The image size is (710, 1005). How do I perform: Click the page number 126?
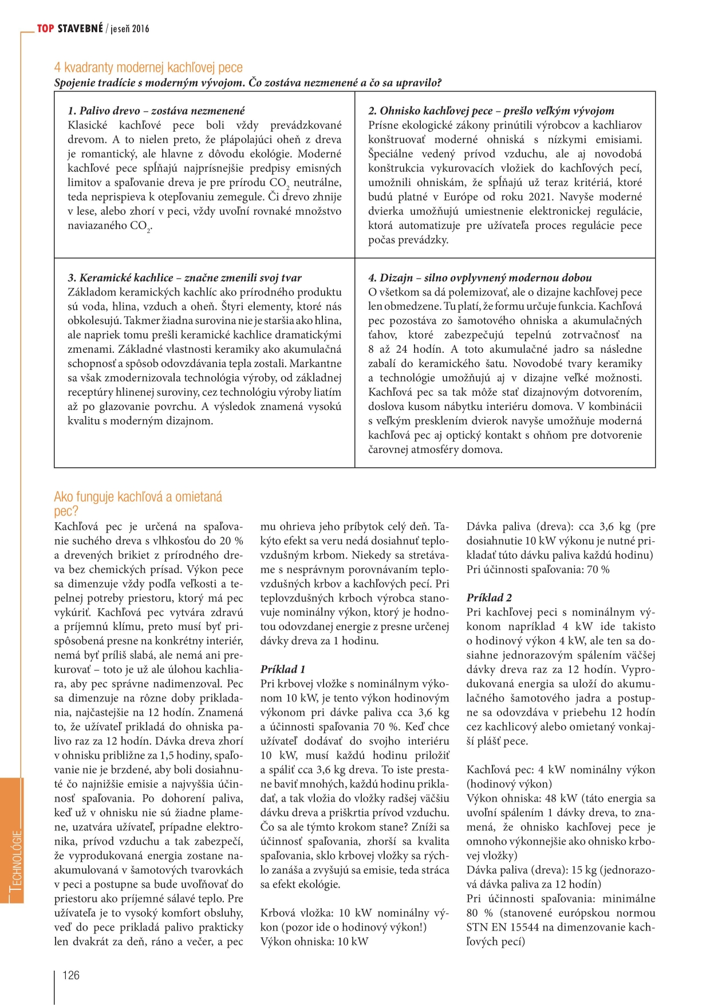(x=71, y=975)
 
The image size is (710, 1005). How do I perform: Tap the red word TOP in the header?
(x=46, y=29)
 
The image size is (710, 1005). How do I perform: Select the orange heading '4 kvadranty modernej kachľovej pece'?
(x=148, y=68)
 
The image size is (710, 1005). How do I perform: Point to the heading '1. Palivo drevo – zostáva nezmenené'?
(x=156, y=111)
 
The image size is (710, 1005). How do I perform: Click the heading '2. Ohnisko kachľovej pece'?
(x=491, y=111)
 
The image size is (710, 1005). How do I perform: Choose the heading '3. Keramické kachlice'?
(x=184, y=278)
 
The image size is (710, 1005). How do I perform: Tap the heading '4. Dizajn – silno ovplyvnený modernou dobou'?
(x=480, y=278)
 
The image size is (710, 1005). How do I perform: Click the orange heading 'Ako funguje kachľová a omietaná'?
(x=138, y=496)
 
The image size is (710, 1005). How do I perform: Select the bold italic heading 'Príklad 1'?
(x=283, y=669)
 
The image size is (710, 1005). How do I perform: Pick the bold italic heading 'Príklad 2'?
(x=489, y=597)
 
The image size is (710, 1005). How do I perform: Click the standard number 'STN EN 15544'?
(x=503, y=927)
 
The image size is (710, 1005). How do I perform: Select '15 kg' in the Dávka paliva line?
(x=583, y=870)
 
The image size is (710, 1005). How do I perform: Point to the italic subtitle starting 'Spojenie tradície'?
(x=248, y=82)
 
